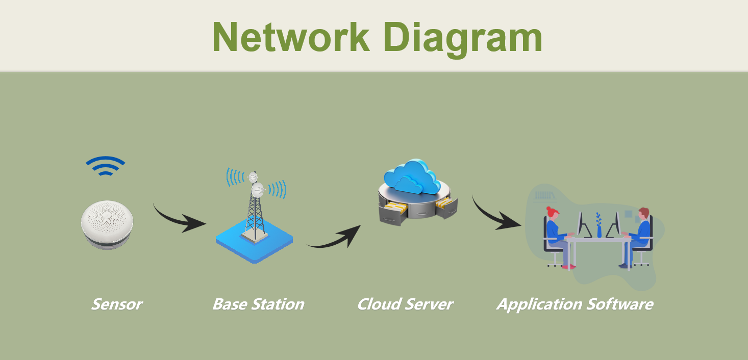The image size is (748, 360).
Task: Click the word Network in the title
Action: pos(290,37)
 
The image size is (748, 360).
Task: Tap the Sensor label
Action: pos(116,304)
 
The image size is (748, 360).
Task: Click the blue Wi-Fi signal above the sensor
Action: pos(105,166)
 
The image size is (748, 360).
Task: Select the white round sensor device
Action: pos(107,224)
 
